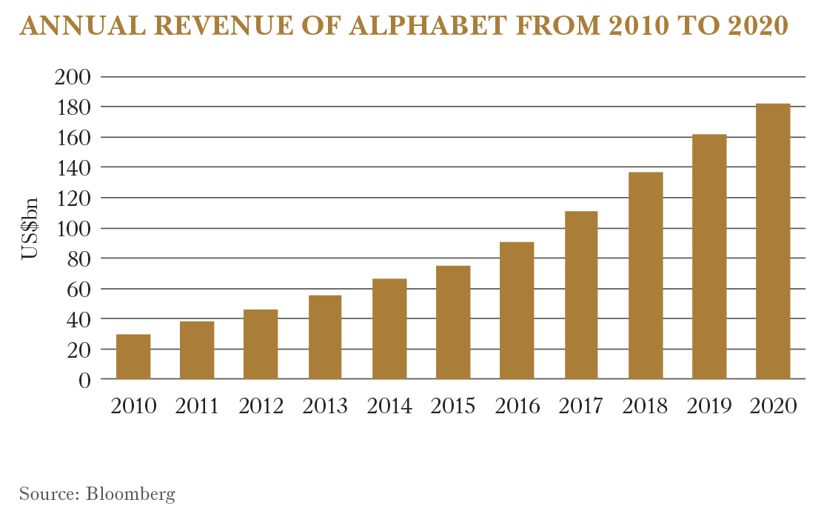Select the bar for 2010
(x=133, y=357)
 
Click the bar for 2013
(x=324, y=337)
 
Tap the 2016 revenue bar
(x=516, y=311)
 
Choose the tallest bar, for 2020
(x=772, y=241)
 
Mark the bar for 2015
(x=452, y=322)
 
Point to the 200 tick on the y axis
(x=73, y=77)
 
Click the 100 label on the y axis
(x=73, y=228)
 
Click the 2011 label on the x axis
(x=197, y=407)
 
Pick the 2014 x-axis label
(x=389, y=407)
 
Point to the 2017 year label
(x=580, y=407)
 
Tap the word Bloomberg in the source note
(x=130, y=494)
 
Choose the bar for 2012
(x=261, y=344)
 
